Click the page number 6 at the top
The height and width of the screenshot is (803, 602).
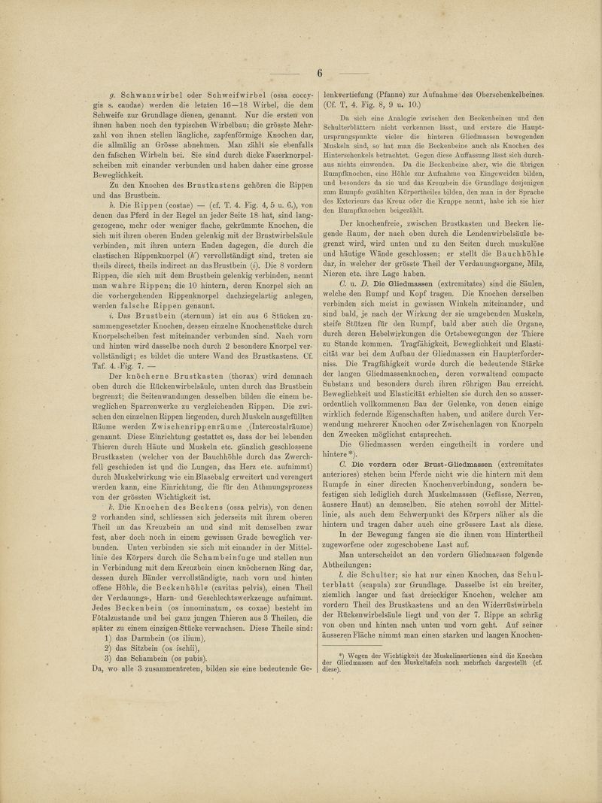(319, 73)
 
